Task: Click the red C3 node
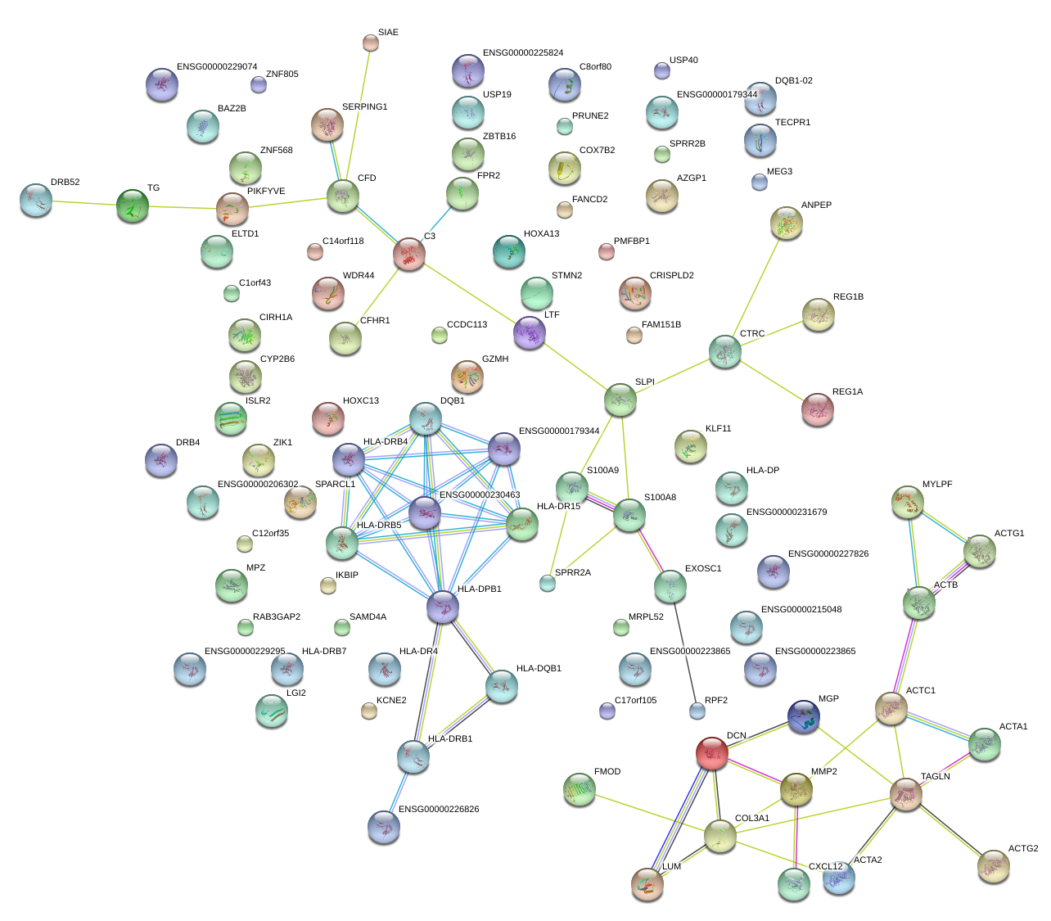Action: (408, 255)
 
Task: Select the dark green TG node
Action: (132, 205)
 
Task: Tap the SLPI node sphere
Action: (620, 400)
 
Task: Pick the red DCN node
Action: (712, 753)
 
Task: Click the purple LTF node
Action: (530, 332)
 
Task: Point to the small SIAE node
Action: (371, 43)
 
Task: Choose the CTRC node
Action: (724, 351)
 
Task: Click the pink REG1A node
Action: (818, 409)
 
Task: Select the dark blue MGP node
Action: (803, 716)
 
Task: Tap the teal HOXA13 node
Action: (509, 251)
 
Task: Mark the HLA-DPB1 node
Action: (443, 607)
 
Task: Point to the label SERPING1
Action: (364, 107)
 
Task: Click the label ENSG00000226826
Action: (439, 810)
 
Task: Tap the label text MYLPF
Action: (937, 485)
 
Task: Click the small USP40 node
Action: (662, 70)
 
